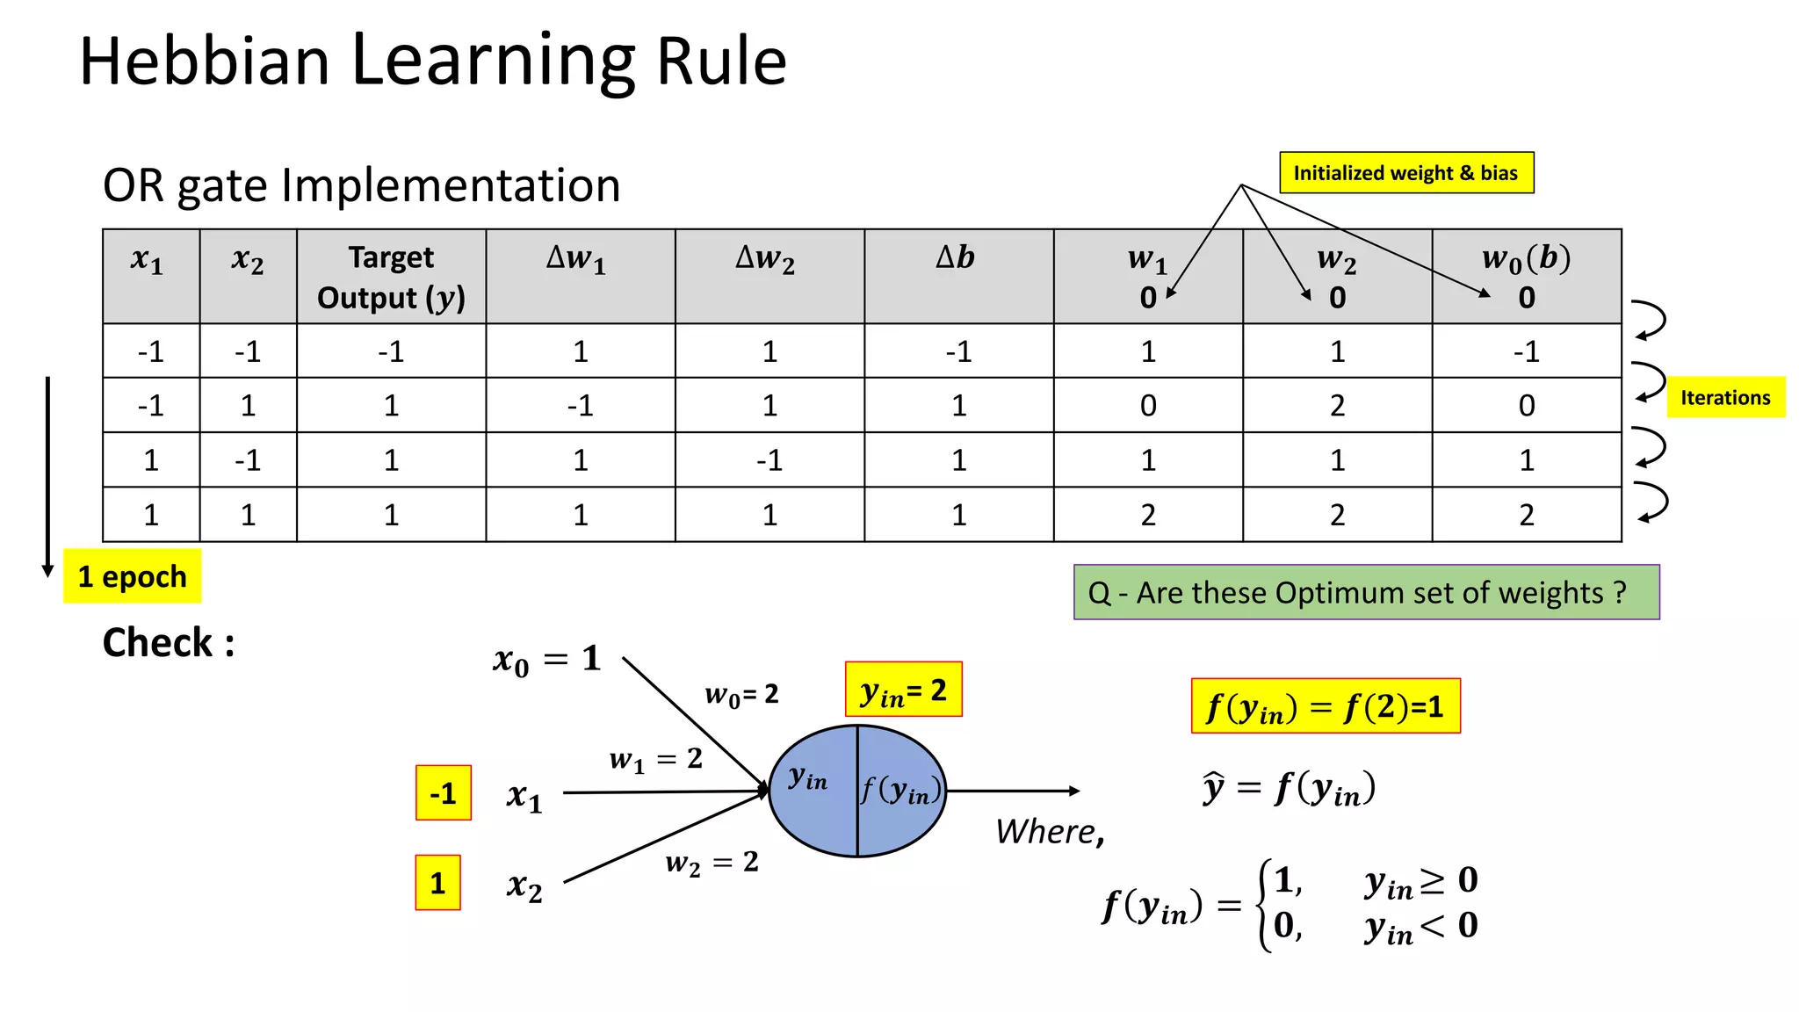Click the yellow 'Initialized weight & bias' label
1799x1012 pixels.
click(1405, 172)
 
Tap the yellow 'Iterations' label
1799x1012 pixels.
click(1725, 397)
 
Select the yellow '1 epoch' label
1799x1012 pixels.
click(132, 576)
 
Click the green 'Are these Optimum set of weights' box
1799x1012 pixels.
click(1366, 592)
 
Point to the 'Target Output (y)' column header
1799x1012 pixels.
click(391, 277)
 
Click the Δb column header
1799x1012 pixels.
click(957, 257)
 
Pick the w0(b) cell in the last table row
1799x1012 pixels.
click(1526, 515)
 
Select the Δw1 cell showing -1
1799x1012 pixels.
click(580, 405)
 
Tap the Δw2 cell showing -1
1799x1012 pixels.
click(769, 460)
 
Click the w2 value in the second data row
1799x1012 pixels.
click(1337, 405)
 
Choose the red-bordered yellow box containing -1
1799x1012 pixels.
click(443, 793)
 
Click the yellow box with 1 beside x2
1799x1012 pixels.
click(437, 883)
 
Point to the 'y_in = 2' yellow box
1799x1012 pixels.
click(903, 690)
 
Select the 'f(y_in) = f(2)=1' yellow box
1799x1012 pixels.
click(1325, 705)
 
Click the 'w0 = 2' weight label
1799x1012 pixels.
click(741, 695)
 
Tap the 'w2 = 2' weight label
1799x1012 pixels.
click(712, 863)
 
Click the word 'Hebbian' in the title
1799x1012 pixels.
click(204, 61)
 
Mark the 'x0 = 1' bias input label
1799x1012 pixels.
click(546, 660)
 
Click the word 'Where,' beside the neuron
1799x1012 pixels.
click(1049, 831)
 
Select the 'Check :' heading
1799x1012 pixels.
click(168, 643)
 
